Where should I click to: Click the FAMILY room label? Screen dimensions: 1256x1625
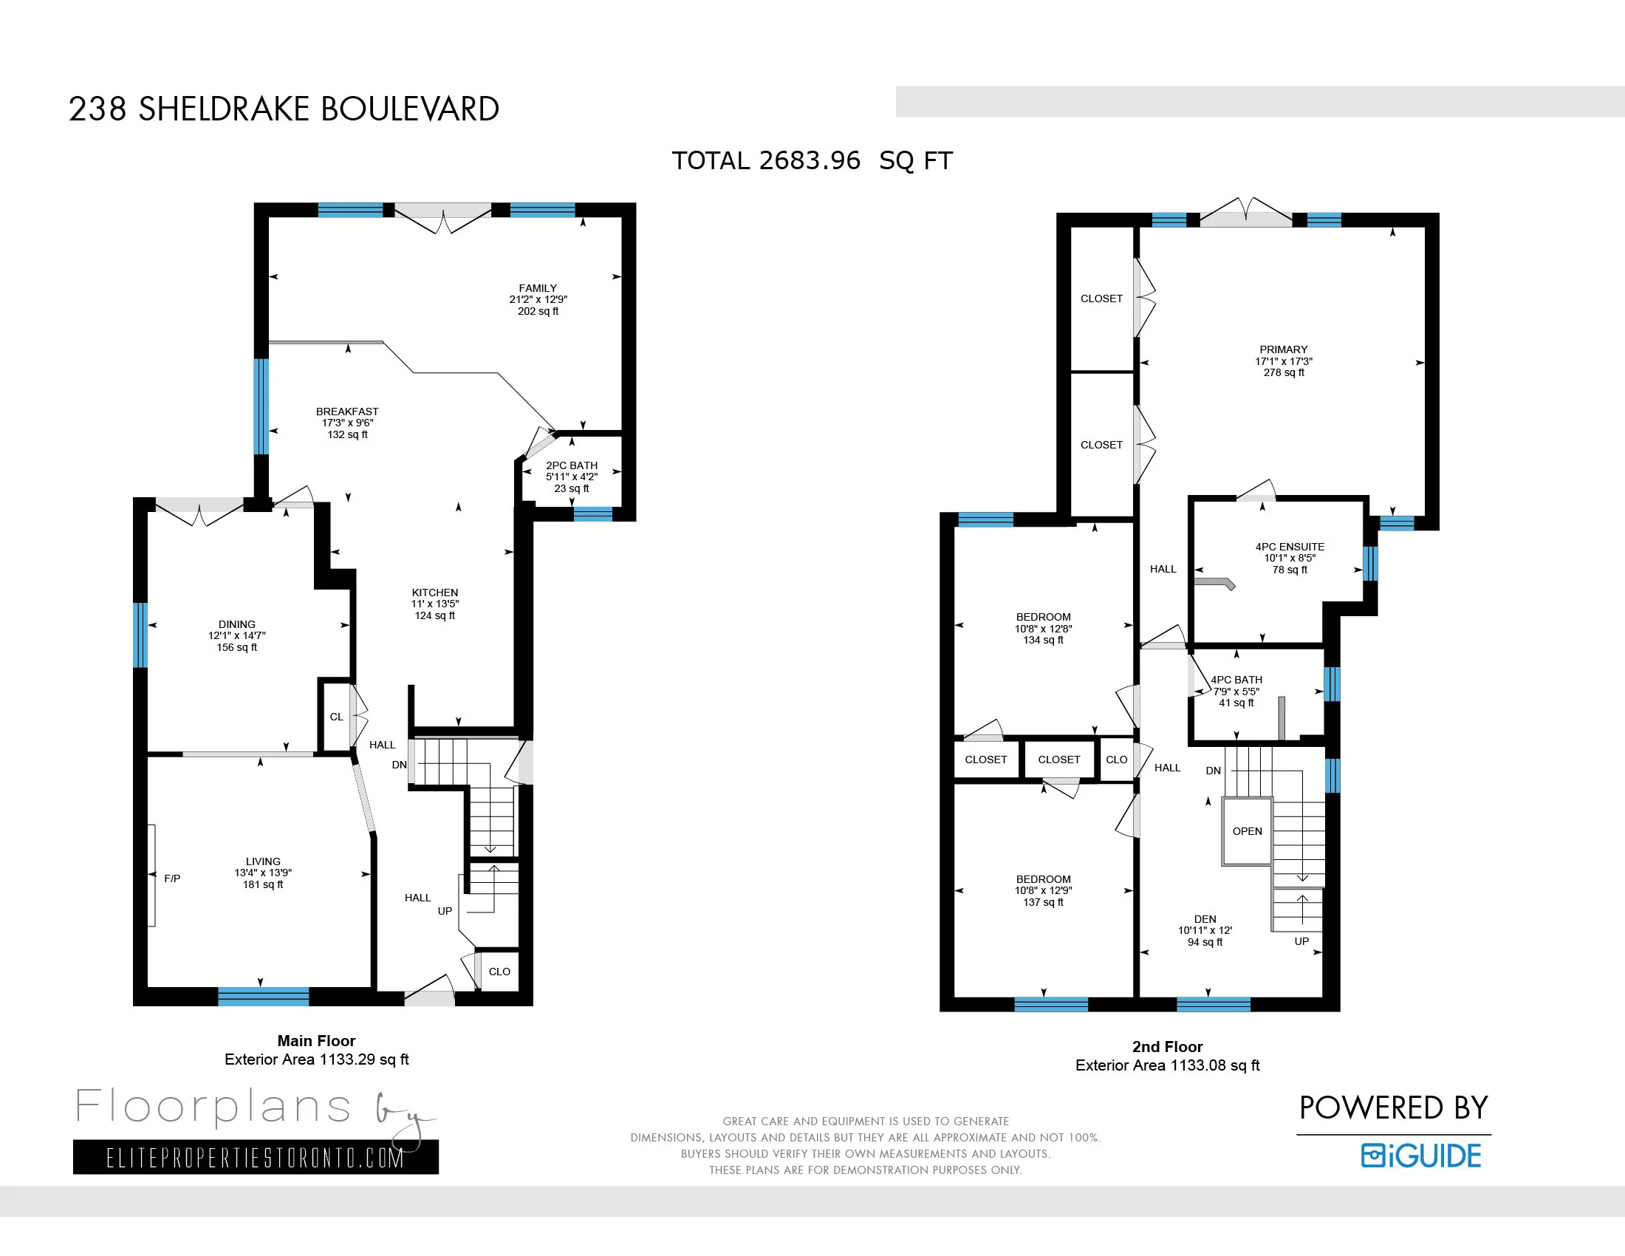point(537,288)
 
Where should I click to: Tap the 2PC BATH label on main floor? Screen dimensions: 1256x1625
point(572,465)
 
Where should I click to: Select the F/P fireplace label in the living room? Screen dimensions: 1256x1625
point(172,878)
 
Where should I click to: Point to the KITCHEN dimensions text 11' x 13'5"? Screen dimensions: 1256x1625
point(434,604)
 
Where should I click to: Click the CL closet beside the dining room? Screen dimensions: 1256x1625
point(336,717)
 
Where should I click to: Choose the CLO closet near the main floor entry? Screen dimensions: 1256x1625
point(499,971)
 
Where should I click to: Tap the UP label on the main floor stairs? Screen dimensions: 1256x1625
point(445,911)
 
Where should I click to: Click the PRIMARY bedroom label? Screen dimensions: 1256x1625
point(1284,349)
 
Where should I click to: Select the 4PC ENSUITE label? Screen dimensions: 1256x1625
point(1290,546)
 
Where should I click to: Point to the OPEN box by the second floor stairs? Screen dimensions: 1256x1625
point(1247,831)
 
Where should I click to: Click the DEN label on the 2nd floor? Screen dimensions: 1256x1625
point(1205,919)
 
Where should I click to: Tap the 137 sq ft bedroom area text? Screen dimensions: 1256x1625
point(1043,902)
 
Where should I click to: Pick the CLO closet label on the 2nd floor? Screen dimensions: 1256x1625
point(1116,759)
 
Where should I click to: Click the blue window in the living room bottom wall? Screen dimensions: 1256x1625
point(263,996)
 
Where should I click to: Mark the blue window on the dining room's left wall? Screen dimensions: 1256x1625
point(140,635)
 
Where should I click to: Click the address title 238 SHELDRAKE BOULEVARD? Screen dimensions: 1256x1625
point(284,109)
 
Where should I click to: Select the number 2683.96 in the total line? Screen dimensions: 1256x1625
point(810,161)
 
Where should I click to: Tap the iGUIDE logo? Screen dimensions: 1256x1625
point(1420,1156)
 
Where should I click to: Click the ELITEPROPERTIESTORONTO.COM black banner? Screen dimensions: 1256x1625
point(256,1157)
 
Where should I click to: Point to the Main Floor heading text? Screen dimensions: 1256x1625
point(316,1040)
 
